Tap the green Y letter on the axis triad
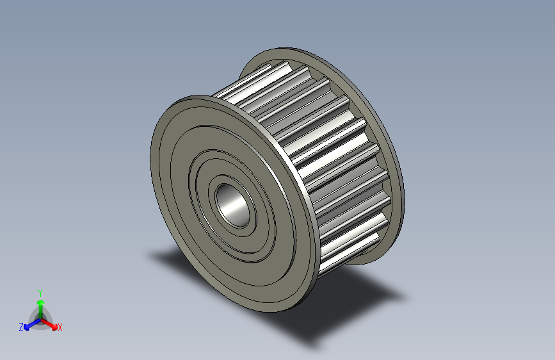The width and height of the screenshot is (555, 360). pos(40,291)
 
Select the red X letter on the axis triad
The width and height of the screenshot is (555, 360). pos(60,327)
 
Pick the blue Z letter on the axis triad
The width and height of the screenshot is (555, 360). pos(21,327)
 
